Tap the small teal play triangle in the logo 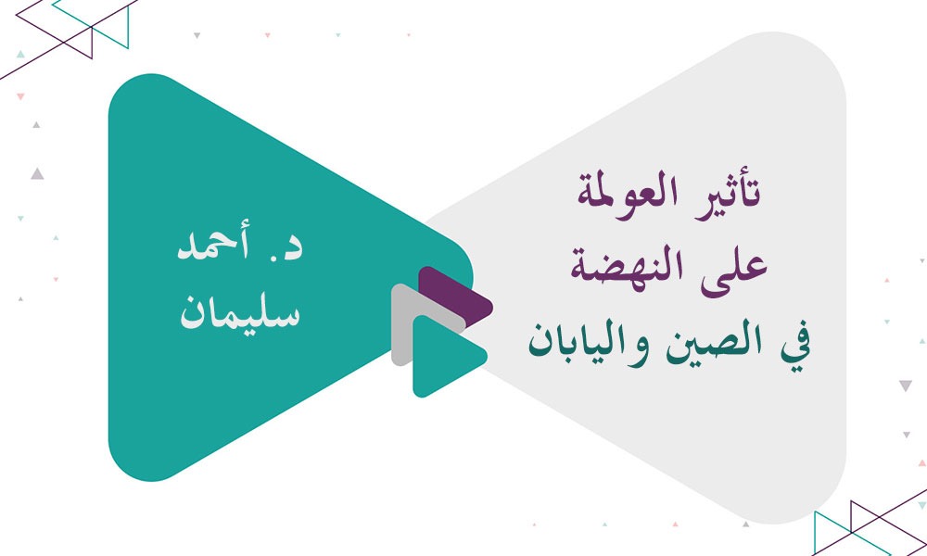[443, 356]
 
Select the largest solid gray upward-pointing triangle [37, 172]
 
